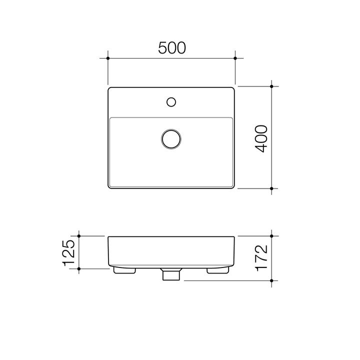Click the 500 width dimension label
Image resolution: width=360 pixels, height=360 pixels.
[172, 47]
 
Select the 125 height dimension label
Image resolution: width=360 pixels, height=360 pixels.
[69, 251]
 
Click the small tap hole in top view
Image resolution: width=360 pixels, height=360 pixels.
[171, 102]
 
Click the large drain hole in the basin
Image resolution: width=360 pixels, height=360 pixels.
[171, 138]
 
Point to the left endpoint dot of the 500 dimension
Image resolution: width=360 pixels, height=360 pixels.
[108, 58]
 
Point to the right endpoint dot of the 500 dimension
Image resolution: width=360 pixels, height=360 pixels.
[235, 58]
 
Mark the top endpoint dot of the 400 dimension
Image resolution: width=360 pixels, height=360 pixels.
[271, 86]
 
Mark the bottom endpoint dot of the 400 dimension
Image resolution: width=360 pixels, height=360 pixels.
[271, 188]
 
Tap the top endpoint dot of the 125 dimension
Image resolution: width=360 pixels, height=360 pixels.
[79, 235]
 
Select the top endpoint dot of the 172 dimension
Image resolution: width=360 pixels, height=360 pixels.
[271, 235]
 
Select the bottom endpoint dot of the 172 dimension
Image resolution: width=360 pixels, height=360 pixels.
[271, 280]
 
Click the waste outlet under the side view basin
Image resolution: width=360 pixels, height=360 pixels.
[171, 274]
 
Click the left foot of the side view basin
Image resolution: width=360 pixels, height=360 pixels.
[125, 270]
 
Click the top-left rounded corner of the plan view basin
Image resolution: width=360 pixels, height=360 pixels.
[110, 89]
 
